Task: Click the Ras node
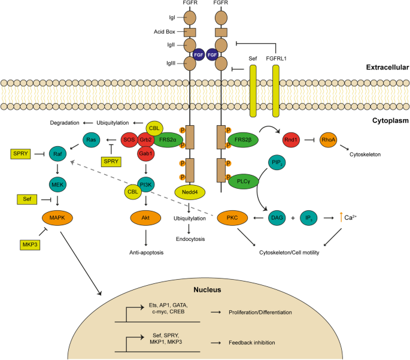click(91, 140)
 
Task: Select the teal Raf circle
click(57, 154)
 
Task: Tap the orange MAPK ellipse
click(57, 217)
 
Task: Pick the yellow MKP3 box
click(30, 245)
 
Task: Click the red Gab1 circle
click(145, 153)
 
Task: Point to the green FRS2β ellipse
click(243, 140)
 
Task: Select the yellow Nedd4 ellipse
click(190, 192)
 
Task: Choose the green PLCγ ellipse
click(244, 181)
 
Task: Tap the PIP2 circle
click(277, 162)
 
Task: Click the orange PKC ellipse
click(232, 217)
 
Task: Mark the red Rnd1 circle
click(291, 140)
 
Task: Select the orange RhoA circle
click(329, 140)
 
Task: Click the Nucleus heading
click(207, 290)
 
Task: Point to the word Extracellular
click(387, 68)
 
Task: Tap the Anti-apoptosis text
click(147, 253)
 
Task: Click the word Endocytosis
click(190, 239)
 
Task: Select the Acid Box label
click(165, 32)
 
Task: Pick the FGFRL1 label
click(276, 59)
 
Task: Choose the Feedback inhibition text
click(252, 343)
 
